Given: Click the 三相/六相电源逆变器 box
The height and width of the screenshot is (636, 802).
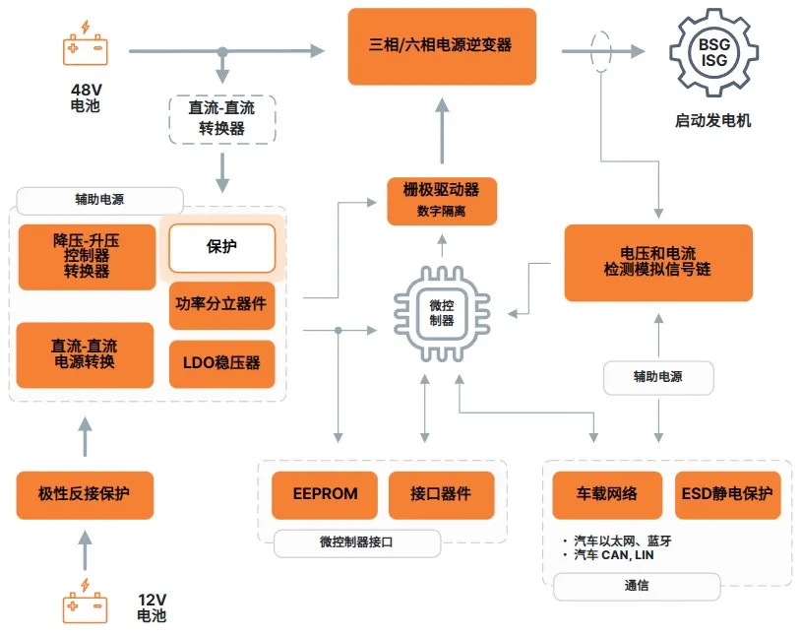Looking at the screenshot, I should [x=442, y=45].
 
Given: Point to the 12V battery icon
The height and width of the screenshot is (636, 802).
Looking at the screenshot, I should [x=86, y=603].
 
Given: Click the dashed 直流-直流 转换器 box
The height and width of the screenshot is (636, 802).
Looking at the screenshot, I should [x=222, y=118].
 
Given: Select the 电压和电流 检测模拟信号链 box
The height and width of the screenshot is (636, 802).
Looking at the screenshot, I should [x=658, y=262].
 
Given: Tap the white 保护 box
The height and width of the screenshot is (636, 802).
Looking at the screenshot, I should [x=221, y=247].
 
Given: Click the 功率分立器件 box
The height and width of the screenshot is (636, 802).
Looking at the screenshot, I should [x=220, y=304].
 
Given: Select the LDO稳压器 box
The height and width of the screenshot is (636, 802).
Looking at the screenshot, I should [x=220, y=362].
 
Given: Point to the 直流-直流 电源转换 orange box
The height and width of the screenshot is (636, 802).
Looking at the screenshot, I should [x=85, y=354].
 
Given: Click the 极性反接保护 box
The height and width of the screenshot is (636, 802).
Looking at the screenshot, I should [x=85, y=494].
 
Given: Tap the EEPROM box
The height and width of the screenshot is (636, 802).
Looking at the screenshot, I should [x=325, y=494].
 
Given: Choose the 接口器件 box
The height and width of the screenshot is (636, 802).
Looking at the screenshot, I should [x=440, y=494].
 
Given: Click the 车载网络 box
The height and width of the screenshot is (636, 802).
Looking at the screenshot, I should [x=606, y=494].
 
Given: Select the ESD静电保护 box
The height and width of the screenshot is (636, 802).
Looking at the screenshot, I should [x=727, y=494].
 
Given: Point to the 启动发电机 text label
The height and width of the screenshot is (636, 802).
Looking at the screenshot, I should [x=713, y=121].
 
